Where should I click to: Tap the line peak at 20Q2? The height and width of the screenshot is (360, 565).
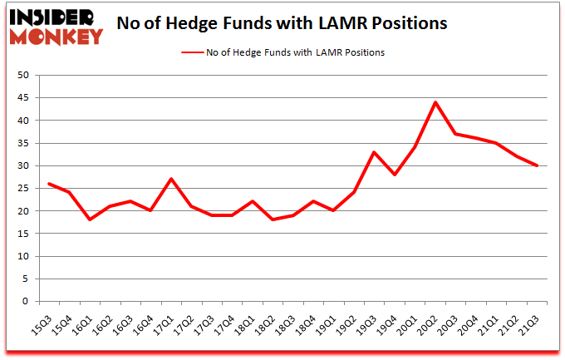pos(435,102)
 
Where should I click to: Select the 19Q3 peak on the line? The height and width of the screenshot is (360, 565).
pos(374,152)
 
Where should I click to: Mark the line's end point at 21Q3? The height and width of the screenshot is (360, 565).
pos(536,165)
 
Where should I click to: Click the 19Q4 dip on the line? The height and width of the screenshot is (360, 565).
pos(395,175)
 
